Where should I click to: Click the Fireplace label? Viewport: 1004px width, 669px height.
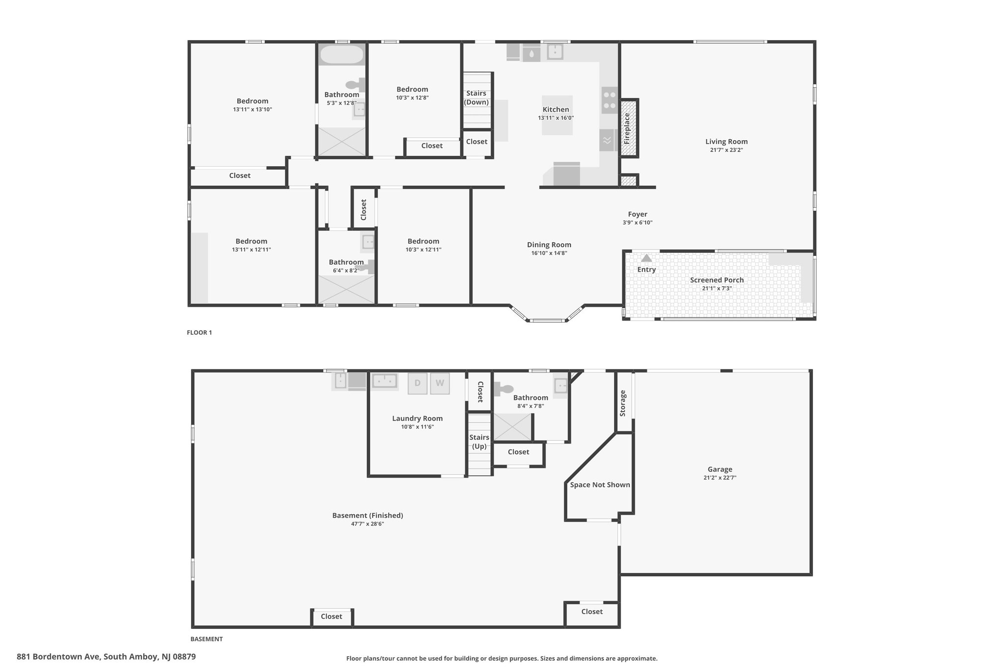pos(627,128)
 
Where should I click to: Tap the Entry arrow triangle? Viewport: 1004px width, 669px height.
pos(647,258)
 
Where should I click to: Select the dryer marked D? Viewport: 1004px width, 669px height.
pos(418,383)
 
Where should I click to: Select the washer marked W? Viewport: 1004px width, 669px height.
pos(440,383)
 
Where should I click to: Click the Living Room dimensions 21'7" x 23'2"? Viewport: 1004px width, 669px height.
pos(727,150)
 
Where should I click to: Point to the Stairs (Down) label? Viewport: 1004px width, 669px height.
pos(477,98)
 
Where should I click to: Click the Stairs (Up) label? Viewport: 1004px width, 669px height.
pos(479,442)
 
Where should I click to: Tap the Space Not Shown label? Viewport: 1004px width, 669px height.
pos(600,485)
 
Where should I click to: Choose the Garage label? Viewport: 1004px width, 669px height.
pos(720,469)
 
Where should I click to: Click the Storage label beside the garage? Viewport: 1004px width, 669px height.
pos(623,403)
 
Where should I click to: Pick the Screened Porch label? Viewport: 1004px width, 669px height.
pos(717,280)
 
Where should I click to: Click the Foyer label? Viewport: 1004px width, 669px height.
pos(637,214)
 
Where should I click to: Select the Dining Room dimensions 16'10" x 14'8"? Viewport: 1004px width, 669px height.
pos(549,253)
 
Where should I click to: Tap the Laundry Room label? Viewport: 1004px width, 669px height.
pos(417,419)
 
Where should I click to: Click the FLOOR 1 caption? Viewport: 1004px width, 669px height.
pos(199,332)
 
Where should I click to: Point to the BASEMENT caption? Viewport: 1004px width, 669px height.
pos(206,639)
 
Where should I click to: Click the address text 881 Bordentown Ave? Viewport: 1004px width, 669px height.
pos(58,656)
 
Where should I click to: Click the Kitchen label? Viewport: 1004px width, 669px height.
pos(556,109)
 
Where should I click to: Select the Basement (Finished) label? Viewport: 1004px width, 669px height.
pos(368,515)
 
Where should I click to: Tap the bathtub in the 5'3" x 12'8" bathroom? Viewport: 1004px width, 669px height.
pos(342,54)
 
